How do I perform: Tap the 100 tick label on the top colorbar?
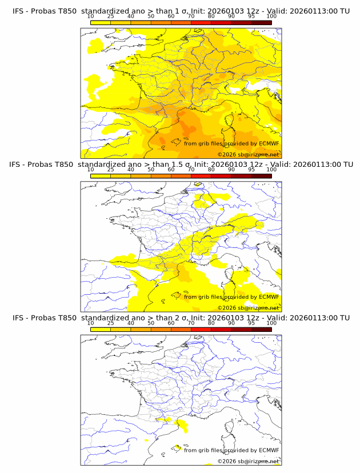coord(271,17)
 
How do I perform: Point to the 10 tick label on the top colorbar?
coord(90,17)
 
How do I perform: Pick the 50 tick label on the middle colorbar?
coord(151,170)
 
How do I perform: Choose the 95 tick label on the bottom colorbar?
coord(251,323)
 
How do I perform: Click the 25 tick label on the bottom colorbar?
coord(110,323)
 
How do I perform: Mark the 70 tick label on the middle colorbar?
coord(191,170)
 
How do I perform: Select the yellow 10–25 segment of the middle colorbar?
coord(100,176)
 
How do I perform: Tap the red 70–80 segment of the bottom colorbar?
coord(201,329)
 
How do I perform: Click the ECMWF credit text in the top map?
coord(231,143)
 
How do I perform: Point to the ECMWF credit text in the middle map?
coord(231,296)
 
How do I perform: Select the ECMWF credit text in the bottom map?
coord(231,450)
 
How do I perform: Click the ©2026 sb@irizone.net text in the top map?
coord(248,154)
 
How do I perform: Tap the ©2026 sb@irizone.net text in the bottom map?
coord(248,461)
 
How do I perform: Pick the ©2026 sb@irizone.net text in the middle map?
coord(248,307)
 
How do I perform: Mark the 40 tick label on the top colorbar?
coord(130,17)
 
